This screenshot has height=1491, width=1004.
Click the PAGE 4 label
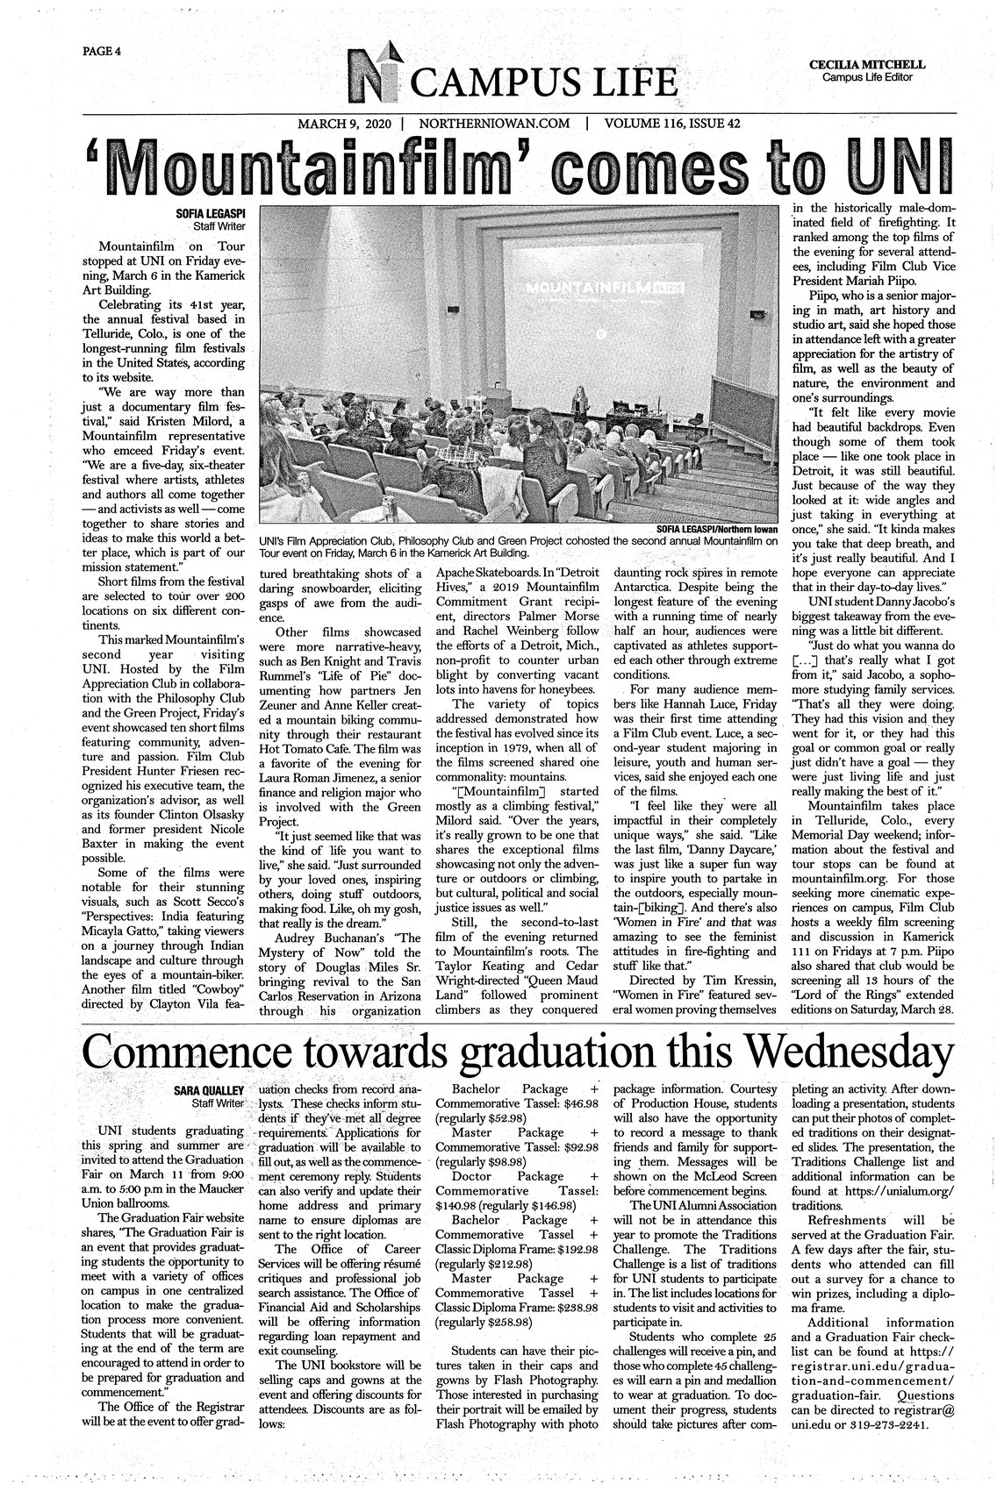coord(101,51)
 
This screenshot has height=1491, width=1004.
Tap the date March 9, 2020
coord(344,124)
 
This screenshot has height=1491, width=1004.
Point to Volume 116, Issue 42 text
coord(672,124)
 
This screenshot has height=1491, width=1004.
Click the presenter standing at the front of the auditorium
coord(580,403)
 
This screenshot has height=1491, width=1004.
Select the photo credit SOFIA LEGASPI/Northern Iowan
coord(717,530)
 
